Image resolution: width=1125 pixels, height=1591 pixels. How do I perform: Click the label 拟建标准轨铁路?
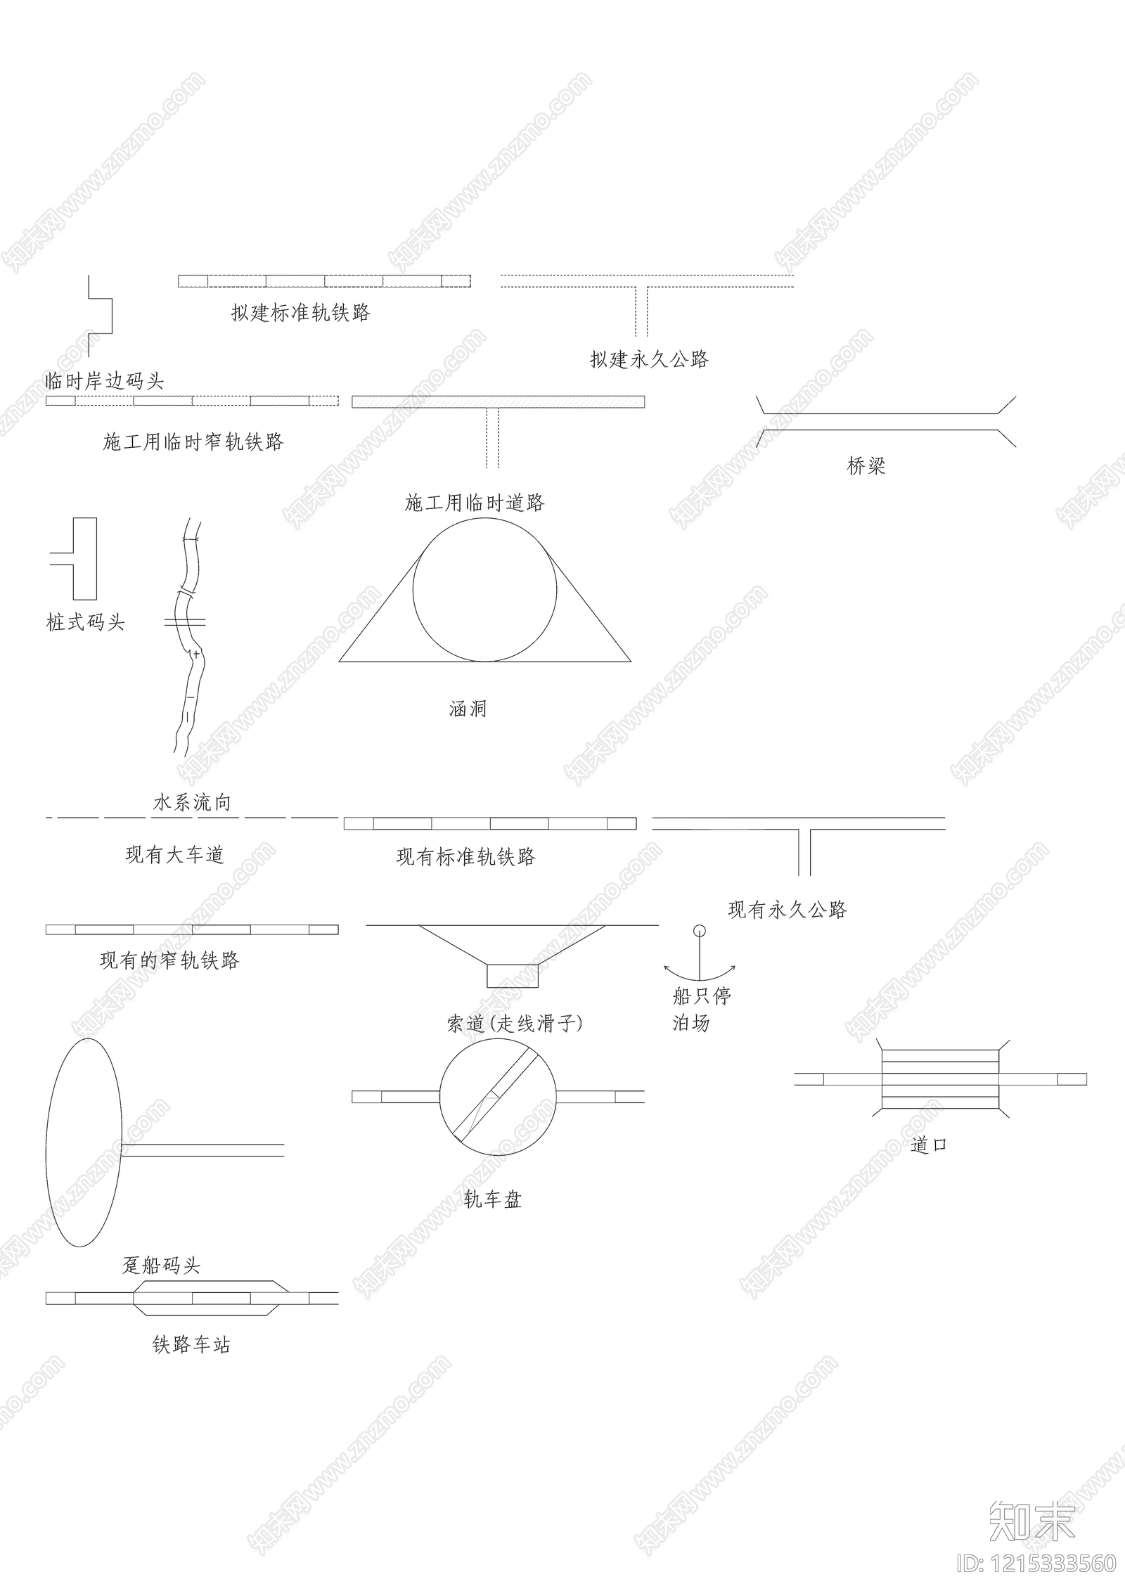pos(300,313)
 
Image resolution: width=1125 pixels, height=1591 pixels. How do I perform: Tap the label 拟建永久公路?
pos(649,360)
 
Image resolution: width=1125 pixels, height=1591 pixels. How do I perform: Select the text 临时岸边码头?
pos(104,382)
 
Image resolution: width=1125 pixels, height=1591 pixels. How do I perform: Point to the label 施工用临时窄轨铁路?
pos(193,442)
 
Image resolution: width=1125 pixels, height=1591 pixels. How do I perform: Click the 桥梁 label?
pos(866,466)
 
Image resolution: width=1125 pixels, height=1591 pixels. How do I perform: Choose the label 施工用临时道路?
pos(475,503)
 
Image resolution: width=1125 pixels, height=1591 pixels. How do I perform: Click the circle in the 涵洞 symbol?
pos(484,590)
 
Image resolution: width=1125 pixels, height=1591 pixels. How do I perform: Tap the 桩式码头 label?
pos(85,622)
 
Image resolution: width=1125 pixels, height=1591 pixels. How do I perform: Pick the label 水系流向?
pos(192,803)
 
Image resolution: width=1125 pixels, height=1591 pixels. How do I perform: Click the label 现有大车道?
pos(174,855)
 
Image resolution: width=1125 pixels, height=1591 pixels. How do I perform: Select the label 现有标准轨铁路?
pos(466,857)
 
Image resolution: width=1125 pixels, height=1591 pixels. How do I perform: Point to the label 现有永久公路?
pos(787,910)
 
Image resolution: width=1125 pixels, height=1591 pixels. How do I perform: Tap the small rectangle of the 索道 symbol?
pos(513,975)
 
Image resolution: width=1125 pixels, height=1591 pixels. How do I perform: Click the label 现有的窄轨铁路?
pos(169,960)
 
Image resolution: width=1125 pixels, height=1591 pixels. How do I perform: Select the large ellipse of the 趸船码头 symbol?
pos(84,1142)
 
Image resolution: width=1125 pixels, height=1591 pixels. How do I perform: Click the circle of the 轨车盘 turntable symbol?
pos(498,1097)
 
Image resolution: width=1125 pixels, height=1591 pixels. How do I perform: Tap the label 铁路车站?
pos(191,1345)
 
